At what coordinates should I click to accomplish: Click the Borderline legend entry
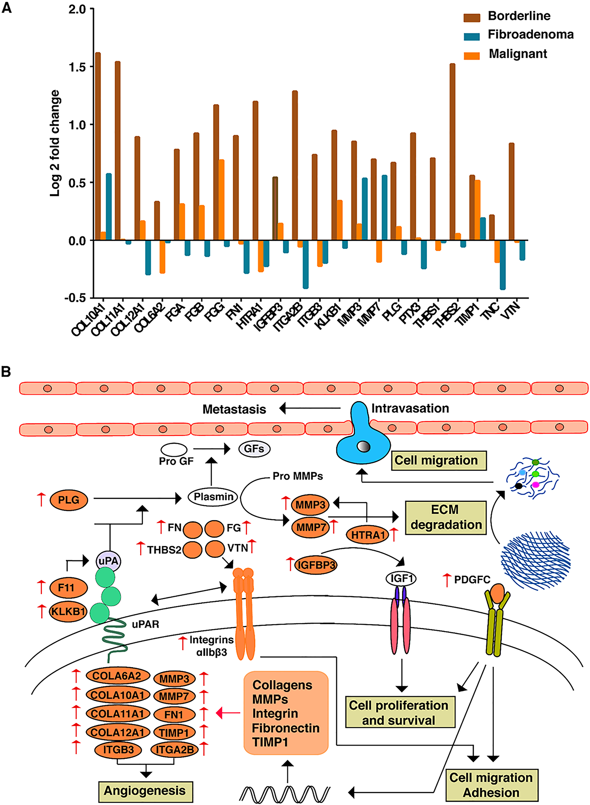519,16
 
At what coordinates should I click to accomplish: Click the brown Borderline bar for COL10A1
98,146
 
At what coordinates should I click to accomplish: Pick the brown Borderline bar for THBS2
453,152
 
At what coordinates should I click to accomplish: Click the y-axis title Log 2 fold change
55,143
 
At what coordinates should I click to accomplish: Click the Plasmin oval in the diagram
213,497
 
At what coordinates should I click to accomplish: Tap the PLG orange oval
68,500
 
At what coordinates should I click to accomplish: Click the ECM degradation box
445,517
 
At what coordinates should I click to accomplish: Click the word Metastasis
234,409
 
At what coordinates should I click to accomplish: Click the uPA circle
108,561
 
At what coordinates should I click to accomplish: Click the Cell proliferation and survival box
400,712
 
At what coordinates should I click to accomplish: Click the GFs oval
254,449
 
